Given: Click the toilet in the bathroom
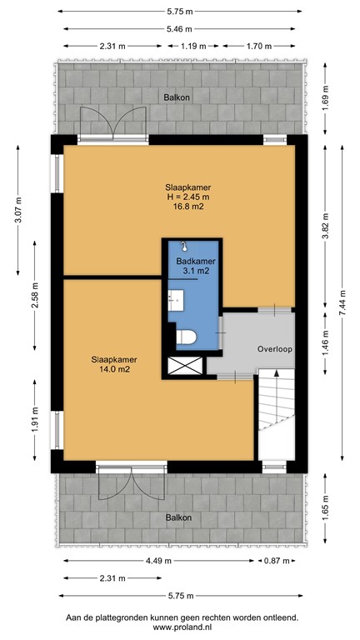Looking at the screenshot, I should click(x=187, y=337).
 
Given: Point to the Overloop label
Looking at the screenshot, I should click(x=274, y=349).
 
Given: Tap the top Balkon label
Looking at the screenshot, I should click(x=177, y=97).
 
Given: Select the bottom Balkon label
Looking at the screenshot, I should click(x=178, y=517).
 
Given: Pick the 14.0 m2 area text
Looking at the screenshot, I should click(x=114, y=372).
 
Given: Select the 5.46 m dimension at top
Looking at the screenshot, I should click(x=180, y=28).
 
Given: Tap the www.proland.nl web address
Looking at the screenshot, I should click(x=182, y=627).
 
